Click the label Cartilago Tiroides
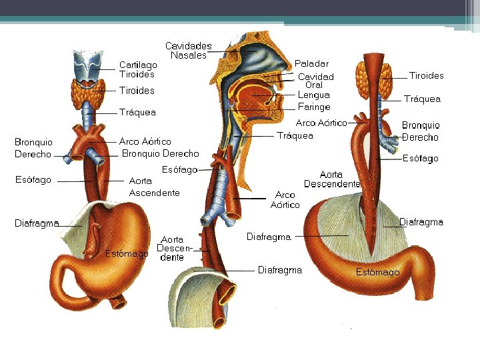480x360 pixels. [x=138, y=69]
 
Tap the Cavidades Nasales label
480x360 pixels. [x=189, y=51]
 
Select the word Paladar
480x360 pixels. [x=311, y=63]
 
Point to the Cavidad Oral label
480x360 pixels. [x=315, y=81]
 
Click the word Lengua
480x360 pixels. [x=313, y=95]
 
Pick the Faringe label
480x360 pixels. [x=313, y=107]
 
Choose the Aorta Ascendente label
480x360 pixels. [x=154, y=187]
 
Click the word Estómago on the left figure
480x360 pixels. [x=126, y=253]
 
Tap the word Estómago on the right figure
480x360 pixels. [x=377, y=272]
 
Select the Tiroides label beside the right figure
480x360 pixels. [x=426, y=75]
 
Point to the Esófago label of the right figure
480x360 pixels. [x=421, y=159]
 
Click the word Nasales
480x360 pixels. [x=189, y=55]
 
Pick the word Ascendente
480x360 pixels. [x=154, y=193]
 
